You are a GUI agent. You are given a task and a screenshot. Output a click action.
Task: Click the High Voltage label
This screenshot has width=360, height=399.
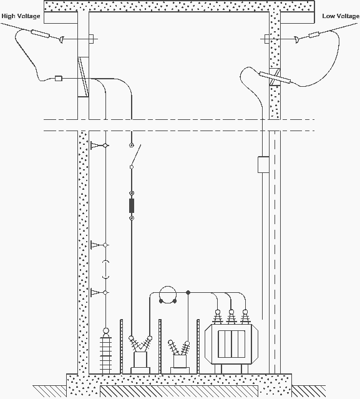point(21,16)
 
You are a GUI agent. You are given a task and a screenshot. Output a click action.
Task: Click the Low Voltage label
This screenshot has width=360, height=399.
point(341,16)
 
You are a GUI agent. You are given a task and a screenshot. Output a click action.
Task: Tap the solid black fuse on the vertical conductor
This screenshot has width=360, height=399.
point(132,205)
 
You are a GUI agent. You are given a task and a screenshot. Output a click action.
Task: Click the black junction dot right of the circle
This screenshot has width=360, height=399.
point(188,293)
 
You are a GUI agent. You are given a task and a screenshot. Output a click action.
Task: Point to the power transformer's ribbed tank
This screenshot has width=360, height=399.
point(231,344)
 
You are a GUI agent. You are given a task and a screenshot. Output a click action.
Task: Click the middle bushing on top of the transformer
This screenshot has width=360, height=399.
point(231,317)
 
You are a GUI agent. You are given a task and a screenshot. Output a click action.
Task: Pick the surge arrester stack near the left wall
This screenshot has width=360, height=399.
point(106,351)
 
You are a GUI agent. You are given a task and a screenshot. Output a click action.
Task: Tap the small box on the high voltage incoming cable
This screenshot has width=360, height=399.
point(59,79)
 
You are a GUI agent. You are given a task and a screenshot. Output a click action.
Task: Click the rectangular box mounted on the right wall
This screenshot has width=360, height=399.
point(263,165)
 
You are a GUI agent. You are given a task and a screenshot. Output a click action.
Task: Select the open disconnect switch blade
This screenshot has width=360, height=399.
point(136,155)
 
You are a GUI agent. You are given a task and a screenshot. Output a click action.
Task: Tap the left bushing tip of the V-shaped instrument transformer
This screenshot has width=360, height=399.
point(131,338)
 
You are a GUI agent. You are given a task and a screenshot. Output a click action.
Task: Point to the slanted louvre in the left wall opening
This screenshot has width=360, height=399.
point(84,77)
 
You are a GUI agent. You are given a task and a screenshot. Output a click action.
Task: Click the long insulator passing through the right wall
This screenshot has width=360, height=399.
point(275,78)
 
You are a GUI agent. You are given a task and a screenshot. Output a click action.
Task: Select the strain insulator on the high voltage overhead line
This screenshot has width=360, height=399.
point(41,34)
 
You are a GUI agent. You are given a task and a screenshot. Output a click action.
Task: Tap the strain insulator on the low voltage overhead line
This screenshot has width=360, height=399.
point(314,35)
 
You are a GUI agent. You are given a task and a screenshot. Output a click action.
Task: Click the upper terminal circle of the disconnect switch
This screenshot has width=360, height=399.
point(132,145)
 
